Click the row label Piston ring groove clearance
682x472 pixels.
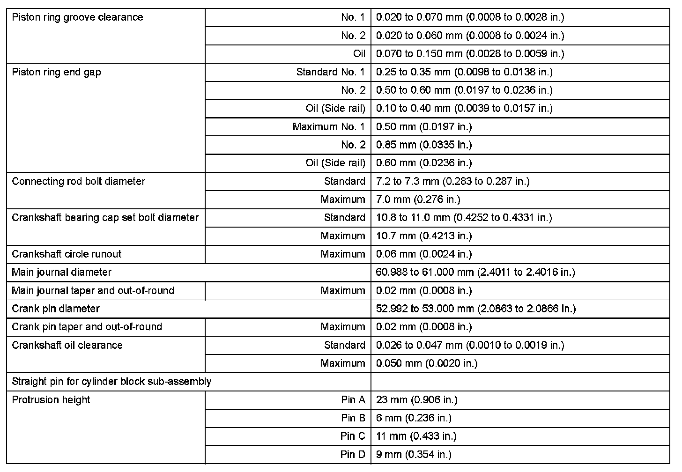click(x=77, y=17)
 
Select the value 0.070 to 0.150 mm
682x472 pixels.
click(x=470, y=53)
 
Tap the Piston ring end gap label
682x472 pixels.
click(x=56, y=72)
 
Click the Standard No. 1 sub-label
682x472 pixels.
click(x=330, y=72)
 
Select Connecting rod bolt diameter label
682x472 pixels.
click(x=78, y=181)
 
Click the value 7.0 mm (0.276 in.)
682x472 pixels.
click(x=418, y=199)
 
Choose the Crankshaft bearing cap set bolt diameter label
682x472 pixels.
click(x=105, y=218)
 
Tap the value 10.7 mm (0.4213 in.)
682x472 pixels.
click(x=424, y=236)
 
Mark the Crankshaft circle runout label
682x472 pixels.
click(x=67, y=254)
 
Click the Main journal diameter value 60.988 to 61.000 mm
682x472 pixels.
click(x=475, y=272)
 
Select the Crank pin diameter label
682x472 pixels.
click(x=56, y=309)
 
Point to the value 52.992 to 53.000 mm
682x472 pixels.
click(x=476, y=309)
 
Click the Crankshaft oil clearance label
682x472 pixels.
click(x=67, y=345)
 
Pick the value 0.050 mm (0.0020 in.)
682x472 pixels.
click(x=427, y=363)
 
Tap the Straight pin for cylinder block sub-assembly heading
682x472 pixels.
click(x=111, y=381)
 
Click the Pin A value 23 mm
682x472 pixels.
click(x=416, y=399)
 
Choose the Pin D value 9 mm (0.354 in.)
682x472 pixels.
click(x=414, y=454)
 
